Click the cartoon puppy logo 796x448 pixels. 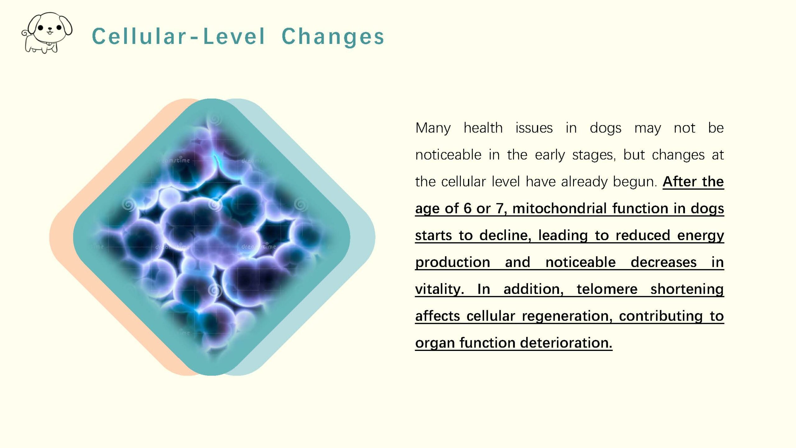pos(47,33)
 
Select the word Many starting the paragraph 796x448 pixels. pos(433,128)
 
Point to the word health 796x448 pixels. pos(483,128)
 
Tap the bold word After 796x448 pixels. pos(680,181)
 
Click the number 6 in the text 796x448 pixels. pos(467,208)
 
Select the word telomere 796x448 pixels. pos(607,289)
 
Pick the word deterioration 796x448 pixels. pos(566,343)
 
